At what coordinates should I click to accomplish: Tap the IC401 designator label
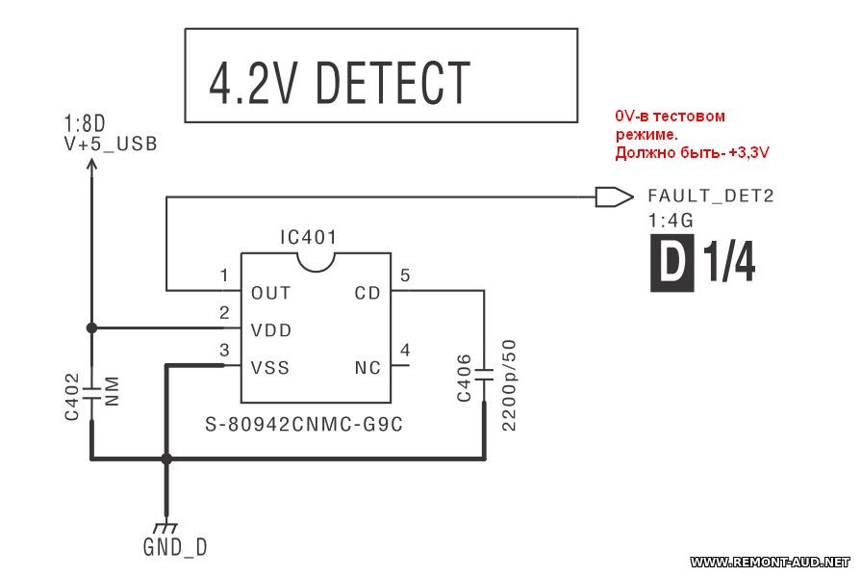(309, 237)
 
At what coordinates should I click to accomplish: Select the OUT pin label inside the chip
(270, 293)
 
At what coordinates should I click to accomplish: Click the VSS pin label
(270, 367)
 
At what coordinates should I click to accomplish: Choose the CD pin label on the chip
(367, 293)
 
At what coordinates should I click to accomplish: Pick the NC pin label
(367, 367)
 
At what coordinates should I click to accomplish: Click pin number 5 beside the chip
(405, 276)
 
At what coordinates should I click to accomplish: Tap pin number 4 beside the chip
(405, 351)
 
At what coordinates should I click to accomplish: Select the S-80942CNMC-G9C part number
(303, 423)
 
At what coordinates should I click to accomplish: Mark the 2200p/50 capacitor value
(509, 385)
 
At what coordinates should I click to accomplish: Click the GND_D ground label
(174, 548)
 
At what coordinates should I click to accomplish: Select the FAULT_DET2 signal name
(710, 197)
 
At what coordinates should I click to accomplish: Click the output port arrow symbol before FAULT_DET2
(607, 197)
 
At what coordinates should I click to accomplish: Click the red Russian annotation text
(695, 134)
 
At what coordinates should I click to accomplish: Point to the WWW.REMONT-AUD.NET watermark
(772, 561)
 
